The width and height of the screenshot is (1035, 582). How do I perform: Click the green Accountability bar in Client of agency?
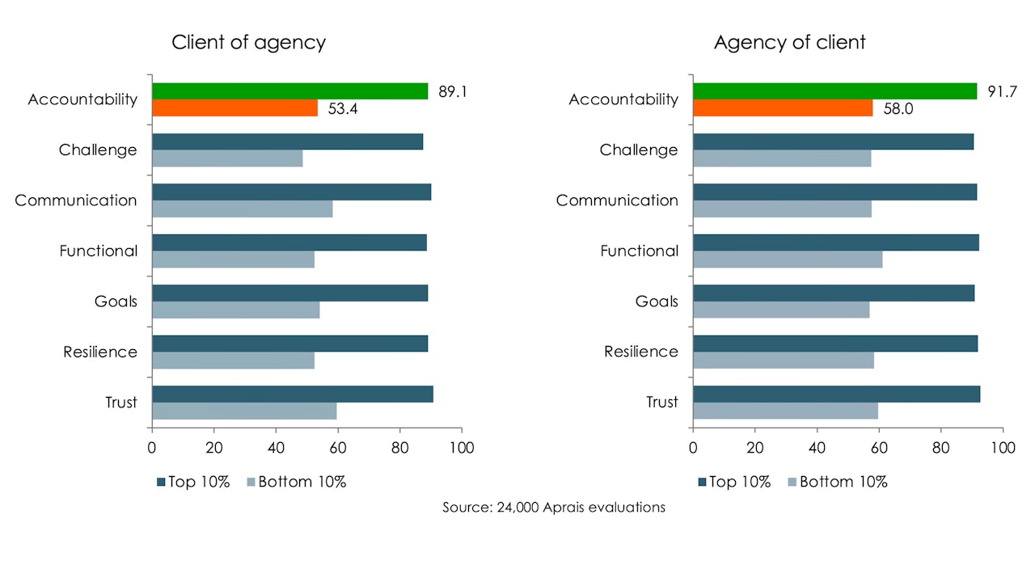pos(289,91)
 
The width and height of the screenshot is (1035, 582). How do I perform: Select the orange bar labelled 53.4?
pos(234,108)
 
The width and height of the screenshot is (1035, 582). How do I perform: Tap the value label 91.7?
pos(1002,91)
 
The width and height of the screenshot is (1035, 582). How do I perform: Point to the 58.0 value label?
pos(898,109)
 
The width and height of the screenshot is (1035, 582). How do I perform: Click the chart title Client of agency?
pos(248,43)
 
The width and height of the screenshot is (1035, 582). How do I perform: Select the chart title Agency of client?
pos(789,43)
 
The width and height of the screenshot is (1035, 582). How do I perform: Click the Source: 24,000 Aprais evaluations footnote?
pos(554,508)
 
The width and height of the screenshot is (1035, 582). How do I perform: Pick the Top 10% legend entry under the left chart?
pos(193,483)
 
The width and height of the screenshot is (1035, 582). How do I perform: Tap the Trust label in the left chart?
pos(121,403)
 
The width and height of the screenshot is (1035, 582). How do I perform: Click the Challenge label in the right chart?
pos(639,150)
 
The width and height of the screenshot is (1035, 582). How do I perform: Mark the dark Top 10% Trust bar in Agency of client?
pos(836,394)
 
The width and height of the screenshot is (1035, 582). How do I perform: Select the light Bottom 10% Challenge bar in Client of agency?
pos(227,158)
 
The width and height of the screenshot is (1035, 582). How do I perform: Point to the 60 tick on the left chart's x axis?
pos(338,447)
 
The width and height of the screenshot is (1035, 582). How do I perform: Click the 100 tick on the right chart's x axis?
pos(1003,447)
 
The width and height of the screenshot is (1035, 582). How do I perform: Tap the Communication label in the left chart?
pos(76,200)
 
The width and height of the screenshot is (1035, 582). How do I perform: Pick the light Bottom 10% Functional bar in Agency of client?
pos(788,259)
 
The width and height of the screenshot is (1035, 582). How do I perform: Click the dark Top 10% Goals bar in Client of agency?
pos(289,293)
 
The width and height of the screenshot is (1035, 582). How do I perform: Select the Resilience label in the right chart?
pos(641,352)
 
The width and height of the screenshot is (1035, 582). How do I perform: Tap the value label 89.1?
pos(454,91)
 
